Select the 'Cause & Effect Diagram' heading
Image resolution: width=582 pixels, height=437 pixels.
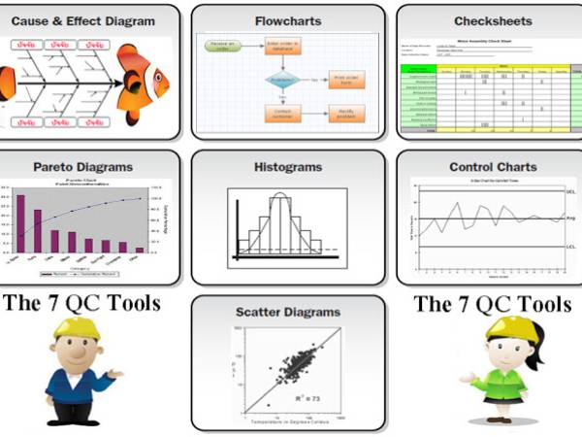click(90, 19)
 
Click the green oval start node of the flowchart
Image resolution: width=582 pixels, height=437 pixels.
click(220, 44)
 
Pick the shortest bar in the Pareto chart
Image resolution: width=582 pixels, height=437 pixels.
click(140, 249)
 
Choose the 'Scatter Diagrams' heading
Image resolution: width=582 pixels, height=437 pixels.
click(289, 312)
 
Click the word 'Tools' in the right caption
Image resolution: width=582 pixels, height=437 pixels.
click(541, 303)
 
